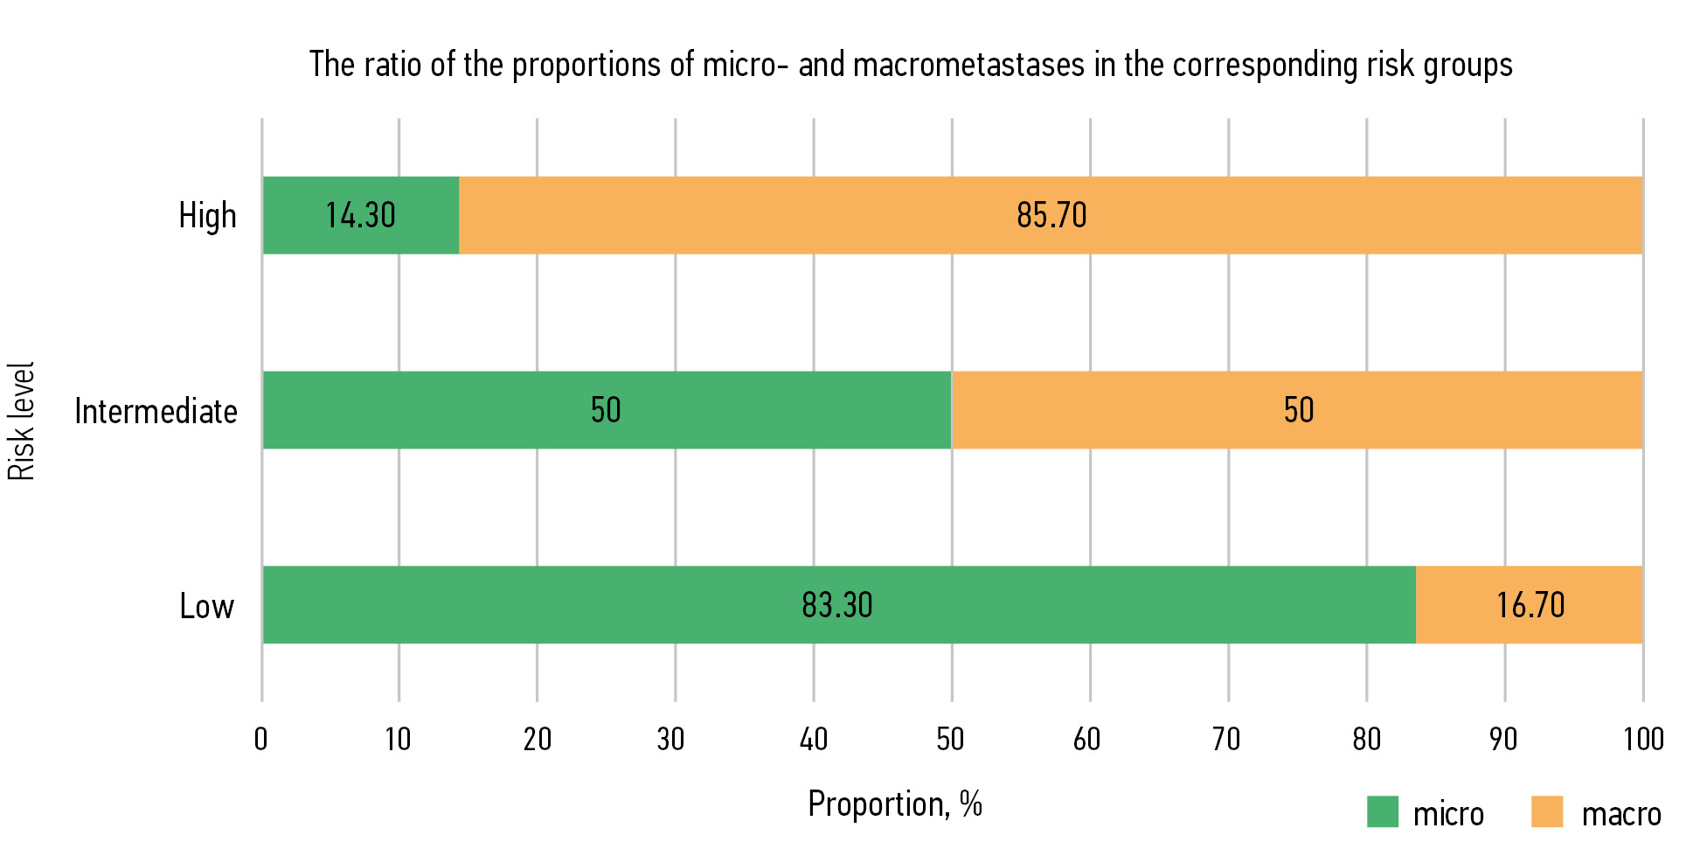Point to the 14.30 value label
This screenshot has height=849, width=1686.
coord(361,216)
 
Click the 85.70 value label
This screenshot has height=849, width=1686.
coord(1051,216)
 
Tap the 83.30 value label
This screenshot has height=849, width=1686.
coord(837,605)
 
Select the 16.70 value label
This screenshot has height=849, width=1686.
coord(1530,605)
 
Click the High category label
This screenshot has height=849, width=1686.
coord(207,216)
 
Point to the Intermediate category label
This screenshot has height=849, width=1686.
coord(156,411)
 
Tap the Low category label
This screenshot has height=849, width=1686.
coord(207,606)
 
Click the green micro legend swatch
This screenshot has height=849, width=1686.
coord(1383,811)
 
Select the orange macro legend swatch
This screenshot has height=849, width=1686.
coord(1547,811)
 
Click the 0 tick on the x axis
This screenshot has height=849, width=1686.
coord(260,740)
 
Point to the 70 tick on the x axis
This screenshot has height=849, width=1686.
coord(1226,740)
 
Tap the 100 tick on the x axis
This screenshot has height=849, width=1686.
coord(1643,740)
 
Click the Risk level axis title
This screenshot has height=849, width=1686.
coord(21,421)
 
